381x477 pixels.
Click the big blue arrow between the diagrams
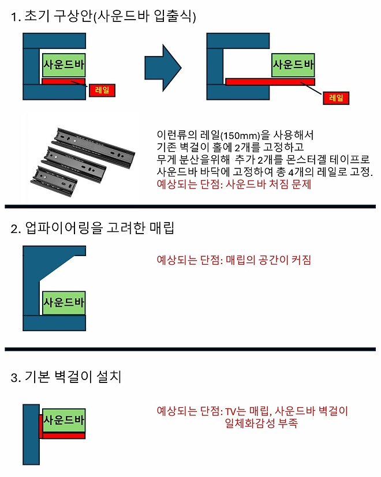point(163,63)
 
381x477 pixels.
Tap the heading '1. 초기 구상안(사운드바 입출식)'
point(104,17)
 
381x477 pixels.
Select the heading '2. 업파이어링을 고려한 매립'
point(92,228)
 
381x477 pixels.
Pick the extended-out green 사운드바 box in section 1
point(293,64)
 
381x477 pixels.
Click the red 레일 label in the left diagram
point(102,89)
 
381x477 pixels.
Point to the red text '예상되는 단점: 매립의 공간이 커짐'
point(234,260)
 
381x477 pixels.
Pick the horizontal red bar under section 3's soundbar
point(64,435)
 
